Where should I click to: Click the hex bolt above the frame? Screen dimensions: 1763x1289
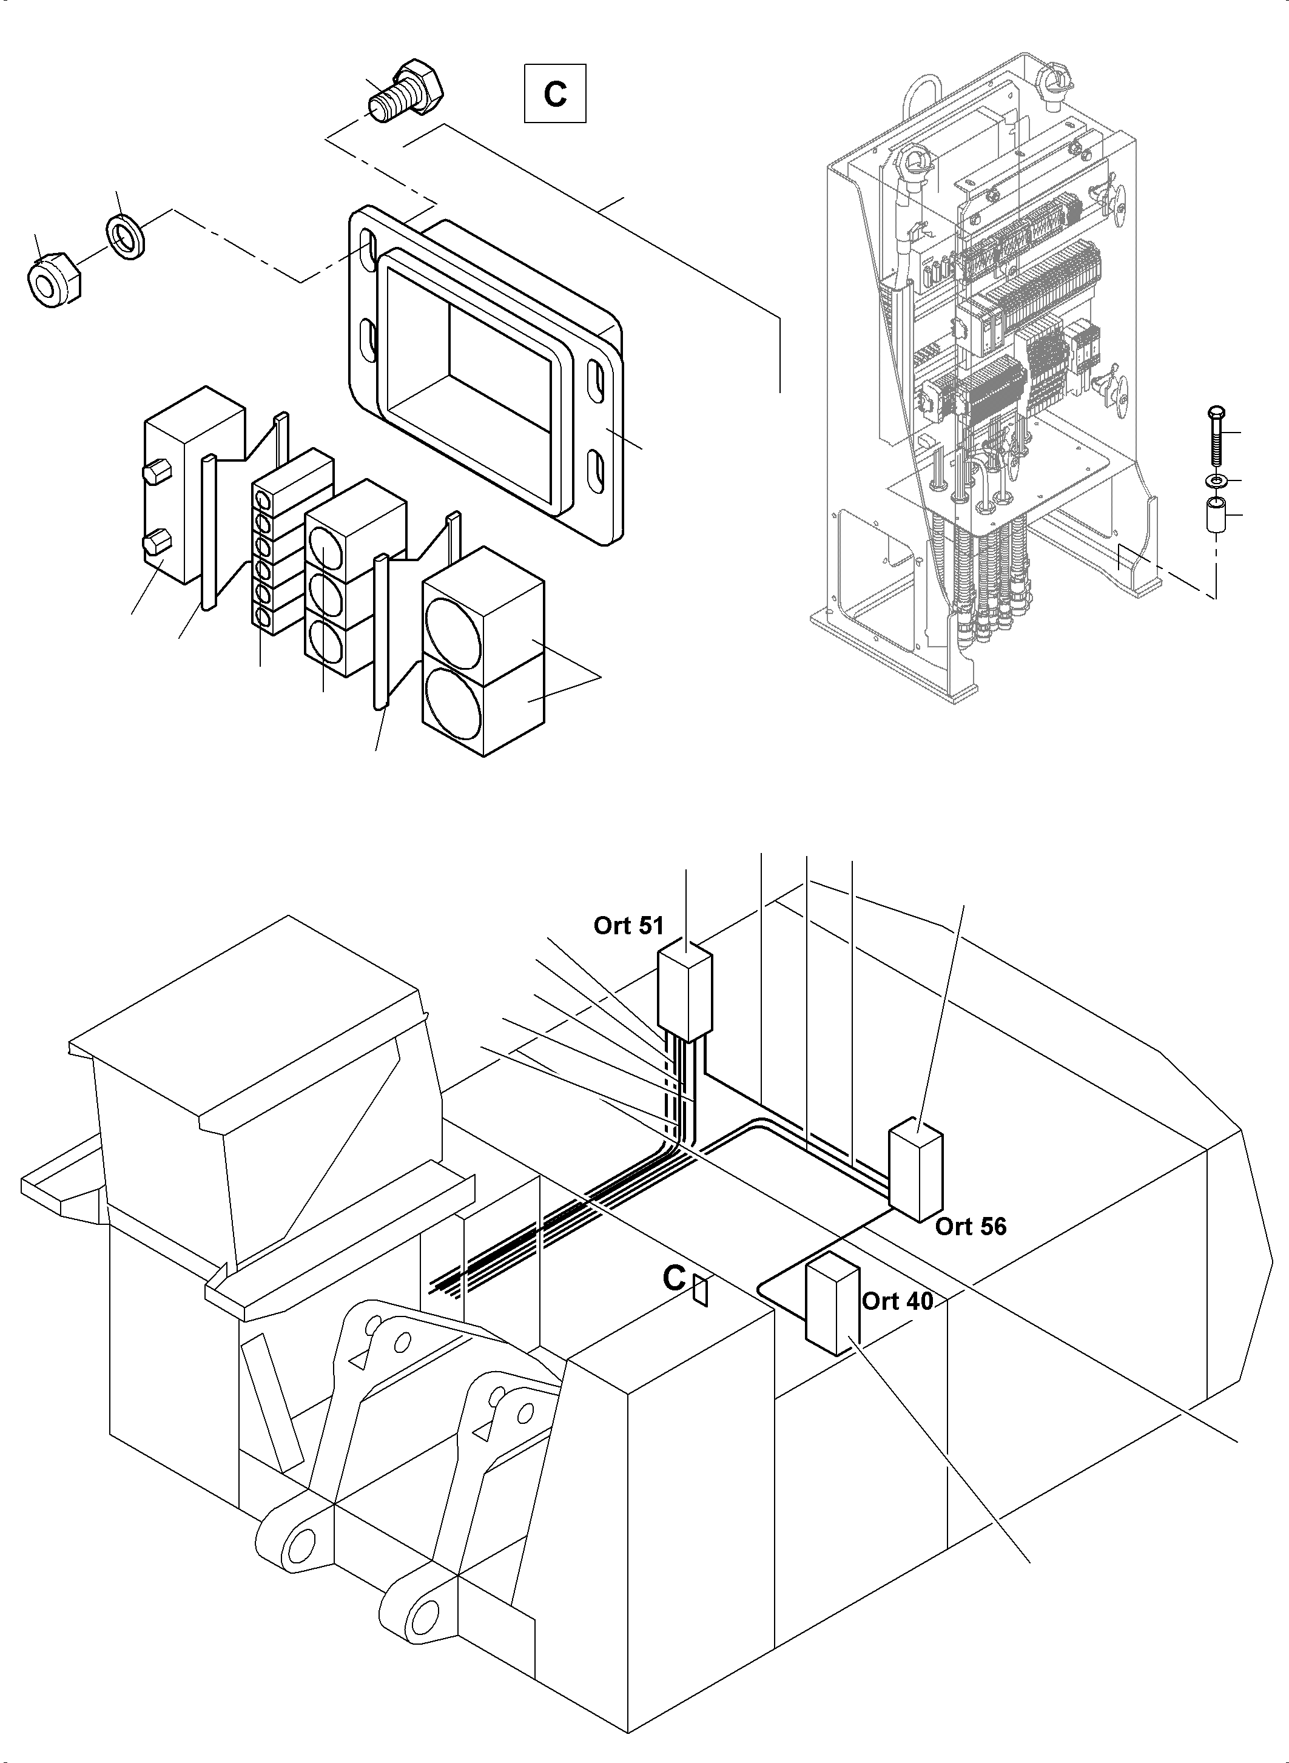(406, 92)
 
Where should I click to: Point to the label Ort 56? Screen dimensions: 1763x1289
(971, 1226)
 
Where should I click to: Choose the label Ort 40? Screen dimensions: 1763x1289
(897, 1301)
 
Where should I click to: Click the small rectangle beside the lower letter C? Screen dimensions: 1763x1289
(701, 1291)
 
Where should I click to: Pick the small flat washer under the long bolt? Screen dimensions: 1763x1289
(1216, 477)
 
